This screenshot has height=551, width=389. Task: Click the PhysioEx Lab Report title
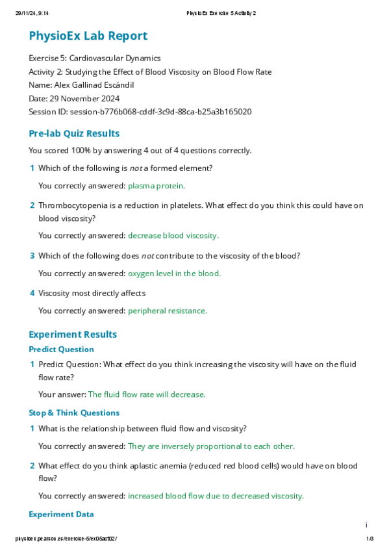tap(88, 36)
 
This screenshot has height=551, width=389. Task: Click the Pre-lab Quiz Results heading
tap(74, 133)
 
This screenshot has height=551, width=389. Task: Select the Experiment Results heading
tap(73, 334)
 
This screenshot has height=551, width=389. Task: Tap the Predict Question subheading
tap(61, 350)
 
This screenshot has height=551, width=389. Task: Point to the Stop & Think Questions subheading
tap(74, 413)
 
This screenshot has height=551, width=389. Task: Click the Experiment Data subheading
tap(61, 514)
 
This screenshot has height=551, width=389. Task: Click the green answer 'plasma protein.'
tap(157, 186)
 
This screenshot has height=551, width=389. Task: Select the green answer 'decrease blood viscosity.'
tap(173, 236)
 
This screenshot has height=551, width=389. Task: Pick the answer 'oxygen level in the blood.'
tap(174, 274)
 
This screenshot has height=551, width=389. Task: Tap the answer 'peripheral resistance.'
tap(168, 311)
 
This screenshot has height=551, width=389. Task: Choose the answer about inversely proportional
tap(211, 446)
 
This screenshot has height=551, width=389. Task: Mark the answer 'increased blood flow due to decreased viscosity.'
tap(216, 496)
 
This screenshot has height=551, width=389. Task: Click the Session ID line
tap(140, 112)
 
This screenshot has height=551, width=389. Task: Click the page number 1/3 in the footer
tap(370, 539)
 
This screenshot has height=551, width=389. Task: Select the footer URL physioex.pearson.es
tap(66, 539)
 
